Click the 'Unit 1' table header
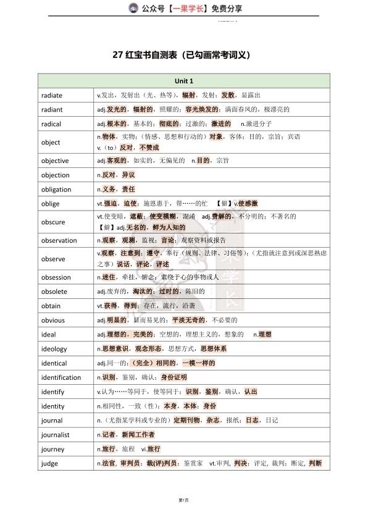[183, 81]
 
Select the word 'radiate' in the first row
[52, 95]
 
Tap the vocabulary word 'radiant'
[52, 109]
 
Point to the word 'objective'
[55, 161]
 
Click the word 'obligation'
[56, 190]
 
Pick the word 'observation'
[59, 241]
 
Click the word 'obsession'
[56, 277]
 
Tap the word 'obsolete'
[54, 291]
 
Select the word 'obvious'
[53, 321]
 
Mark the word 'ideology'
[54, 349]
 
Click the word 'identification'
[61, 377]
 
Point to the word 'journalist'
[56, 435]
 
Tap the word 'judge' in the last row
[49, 463]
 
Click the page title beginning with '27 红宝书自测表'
[183, 55]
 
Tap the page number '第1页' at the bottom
[183, 499]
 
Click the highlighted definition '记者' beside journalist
[109, 435]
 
